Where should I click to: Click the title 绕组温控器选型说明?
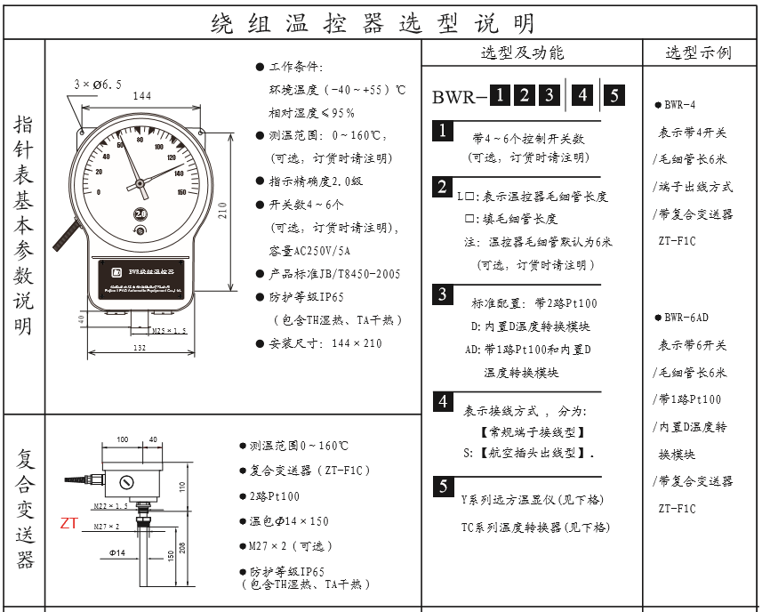[x=373, y=21]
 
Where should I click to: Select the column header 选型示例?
[x=699, y=53]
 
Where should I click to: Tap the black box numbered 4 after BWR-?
[x=582, y=95]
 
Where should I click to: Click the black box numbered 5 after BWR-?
[x=614, y=95]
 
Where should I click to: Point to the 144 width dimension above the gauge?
[x=140, y=95]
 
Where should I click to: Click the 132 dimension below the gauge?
[x=140, y=348]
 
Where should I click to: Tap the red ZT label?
[x=68, y=523]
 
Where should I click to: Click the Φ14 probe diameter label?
[x=118, y=553]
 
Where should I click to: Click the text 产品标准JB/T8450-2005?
[x=326, y=274]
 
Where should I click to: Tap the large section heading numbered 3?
[x=442, y=294]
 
